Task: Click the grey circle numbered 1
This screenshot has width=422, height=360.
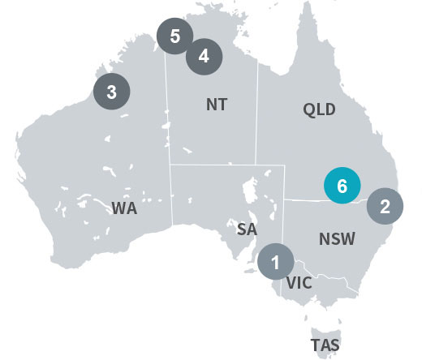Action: (x=276, y=262)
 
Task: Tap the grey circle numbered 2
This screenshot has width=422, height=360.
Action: (x=385, y=205)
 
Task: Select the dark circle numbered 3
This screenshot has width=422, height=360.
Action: (x=112, y=92)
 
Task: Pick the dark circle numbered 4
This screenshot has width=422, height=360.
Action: (x=204, y=56)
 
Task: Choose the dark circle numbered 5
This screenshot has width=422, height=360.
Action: (x=175, y=36)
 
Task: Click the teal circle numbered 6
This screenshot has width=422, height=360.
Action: (x=342, y=186)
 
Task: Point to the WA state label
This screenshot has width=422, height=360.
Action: (x=124, y=208)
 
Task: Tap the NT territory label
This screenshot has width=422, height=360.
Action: (x=217, y=105)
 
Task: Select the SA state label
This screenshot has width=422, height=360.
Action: (x=247, y=229)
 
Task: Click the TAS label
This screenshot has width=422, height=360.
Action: (x=325, y=345)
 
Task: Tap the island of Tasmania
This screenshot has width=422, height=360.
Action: (x=325, y=329)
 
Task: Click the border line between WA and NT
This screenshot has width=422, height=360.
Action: (x=168, y=122)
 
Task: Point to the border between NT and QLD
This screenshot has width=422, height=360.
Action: (x=257, y=122)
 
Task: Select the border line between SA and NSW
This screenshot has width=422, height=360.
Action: (x=286, y=227)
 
